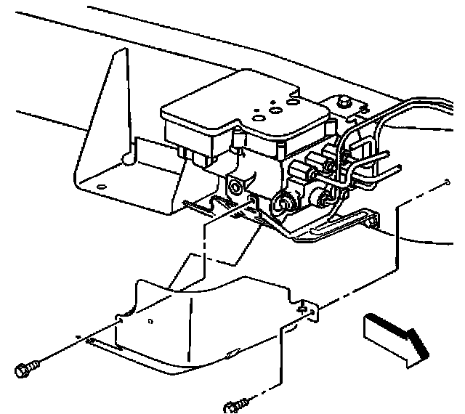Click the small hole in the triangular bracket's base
tap(101, 187)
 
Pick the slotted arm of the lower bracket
tap(341, 222)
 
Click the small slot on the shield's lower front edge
tap(230, 353)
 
